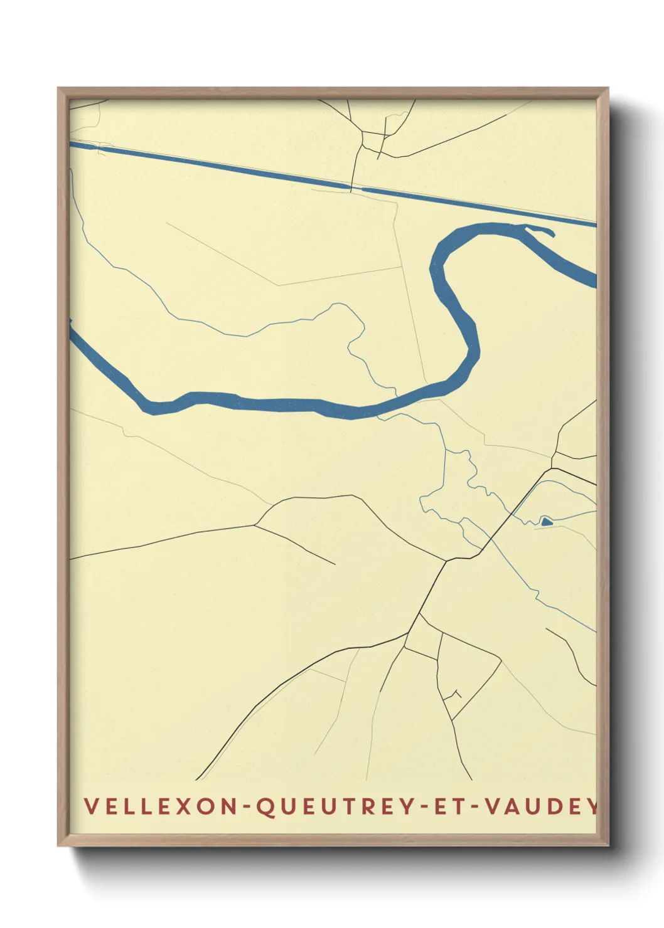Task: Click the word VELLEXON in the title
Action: [x=159, y=806]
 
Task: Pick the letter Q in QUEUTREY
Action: [x=266, y=807]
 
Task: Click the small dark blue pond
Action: [x=546, y=521]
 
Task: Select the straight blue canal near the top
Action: [x=220, y=166]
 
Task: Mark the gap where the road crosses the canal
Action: [x=356, y=188]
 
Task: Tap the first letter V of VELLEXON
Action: [x=90, y=806]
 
